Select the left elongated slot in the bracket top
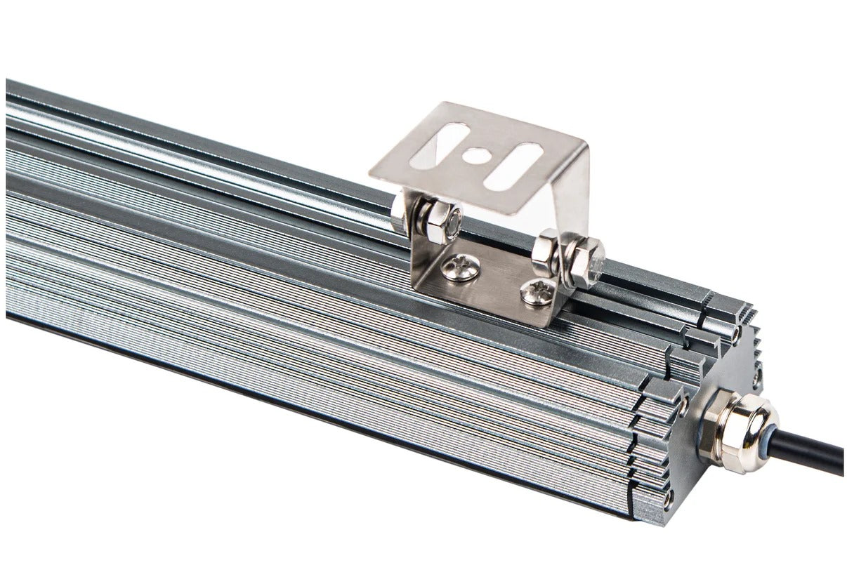click(445, 145)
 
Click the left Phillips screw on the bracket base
click(462, 267)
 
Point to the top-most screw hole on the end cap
click(736, 334)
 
